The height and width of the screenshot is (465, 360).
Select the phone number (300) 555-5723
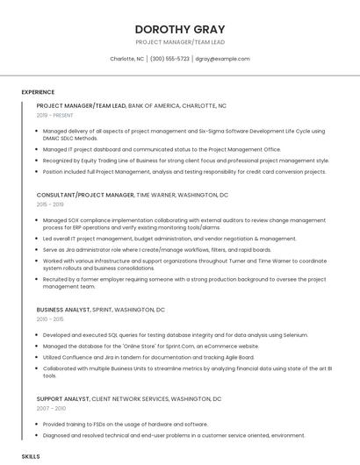click(169, 59)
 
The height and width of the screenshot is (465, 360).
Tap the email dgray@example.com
click(222, 59)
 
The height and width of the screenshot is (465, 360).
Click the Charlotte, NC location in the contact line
click(126, 59)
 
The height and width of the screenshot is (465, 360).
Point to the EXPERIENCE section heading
click(38, 92)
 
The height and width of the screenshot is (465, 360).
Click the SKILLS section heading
click(31, 457)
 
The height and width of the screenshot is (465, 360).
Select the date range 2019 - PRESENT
click(55, 115)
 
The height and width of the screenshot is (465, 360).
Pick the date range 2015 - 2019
click(50, 204)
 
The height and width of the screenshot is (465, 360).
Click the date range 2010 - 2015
click(50, 319)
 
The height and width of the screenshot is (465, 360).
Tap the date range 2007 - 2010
click(51, 409)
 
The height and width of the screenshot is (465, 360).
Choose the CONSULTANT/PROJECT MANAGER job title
click(85, 195)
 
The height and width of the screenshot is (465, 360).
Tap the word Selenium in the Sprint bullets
click(319, 335)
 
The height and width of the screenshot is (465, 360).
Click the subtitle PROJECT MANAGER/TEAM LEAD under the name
click(179, 41)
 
